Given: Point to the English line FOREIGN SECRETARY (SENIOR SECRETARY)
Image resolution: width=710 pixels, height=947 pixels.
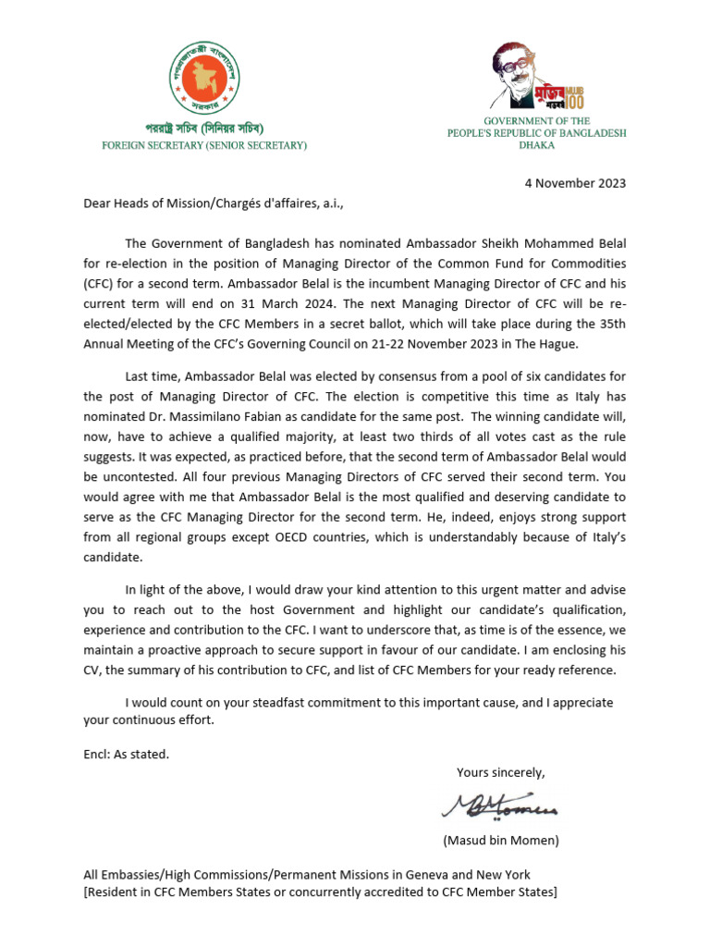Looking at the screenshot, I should pyautogui.click(x=204, y=145).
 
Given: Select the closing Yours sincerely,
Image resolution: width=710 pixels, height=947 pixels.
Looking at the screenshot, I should pyautogui.click(x=501, y=772).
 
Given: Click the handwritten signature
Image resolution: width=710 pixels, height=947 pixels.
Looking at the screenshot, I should pyautogui.click(x=499, y=806).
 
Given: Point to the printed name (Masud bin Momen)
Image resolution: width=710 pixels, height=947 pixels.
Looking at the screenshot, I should pyautogui.click(x=501, y=841).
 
